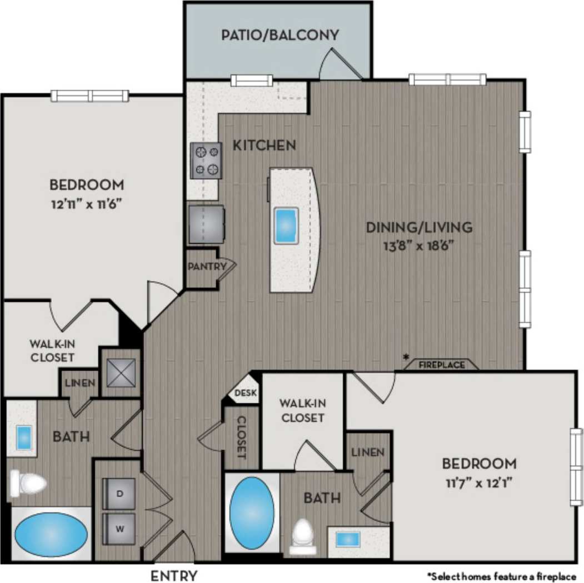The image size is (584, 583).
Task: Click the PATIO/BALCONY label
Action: point(279,36)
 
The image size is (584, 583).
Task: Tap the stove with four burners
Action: point(206,160)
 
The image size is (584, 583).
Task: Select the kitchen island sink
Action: point(287,225)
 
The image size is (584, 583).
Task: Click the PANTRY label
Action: point(207,267)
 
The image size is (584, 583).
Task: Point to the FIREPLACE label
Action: point(441,365)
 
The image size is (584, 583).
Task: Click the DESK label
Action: point(246,393)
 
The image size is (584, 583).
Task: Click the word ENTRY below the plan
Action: point(174,575)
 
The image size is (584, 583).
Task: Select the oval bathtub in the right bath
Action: point(252,512)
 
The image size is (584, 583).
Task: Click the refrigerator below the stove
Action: point(207,224)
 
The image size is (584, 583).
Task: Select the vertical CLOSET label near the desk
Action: point(242,438)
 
